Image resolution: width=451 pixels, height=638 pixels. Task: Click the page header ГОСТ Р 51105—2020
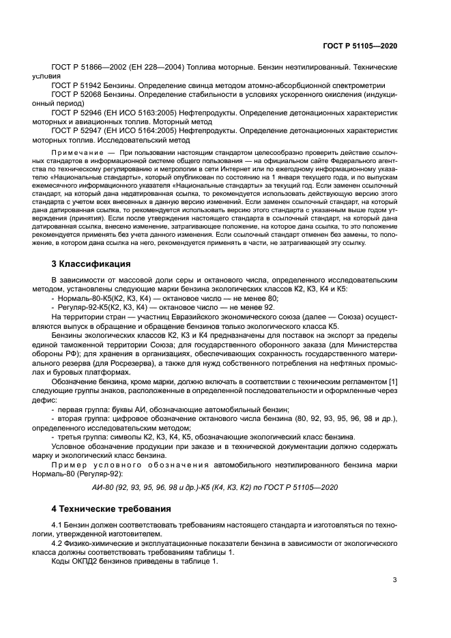coord(363,44)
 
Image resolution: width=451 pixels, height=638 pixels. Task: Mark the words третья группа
coord(83,435)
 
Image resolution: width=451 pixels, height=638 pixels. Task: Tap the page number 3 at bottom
coord(394,581)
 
